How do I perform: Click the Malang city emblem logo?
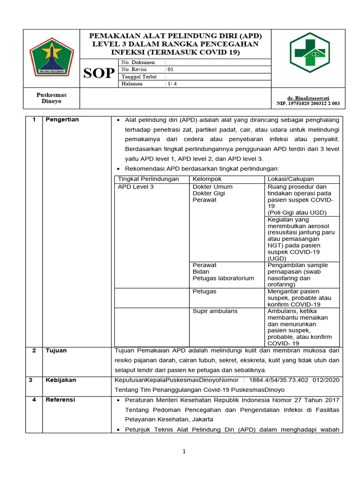52,57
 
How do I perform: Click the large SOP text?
99,73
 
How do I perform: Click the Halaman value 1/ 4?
171,83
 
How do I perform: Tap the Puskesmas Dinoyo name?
52,98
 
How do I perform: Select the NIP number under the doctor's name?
308,103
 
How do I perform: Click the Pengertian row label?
62,120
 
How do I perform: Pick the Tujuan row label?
56,351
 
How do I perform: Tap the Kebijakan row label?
60,380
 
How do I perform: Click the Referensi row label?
60,400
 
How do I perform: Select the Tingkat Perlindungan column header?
148,179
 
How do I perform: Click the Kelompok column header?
207,179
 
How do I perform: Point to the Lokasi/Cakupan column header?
291,179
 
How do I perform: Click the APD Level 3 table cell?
136,187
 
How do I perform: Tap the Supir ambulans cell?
215,311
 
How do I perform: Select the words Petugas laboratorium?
223,278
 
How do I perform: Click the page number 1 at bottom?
184,451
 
